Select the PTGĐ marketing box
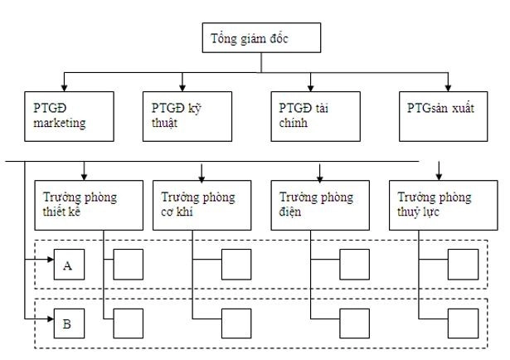coord(67,116)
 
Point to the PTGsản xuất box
coord(447,116)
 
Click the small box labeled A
coord(68,265)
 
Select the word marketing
coord(60,124)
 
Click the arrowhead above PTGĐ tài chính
coord(312,88)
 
